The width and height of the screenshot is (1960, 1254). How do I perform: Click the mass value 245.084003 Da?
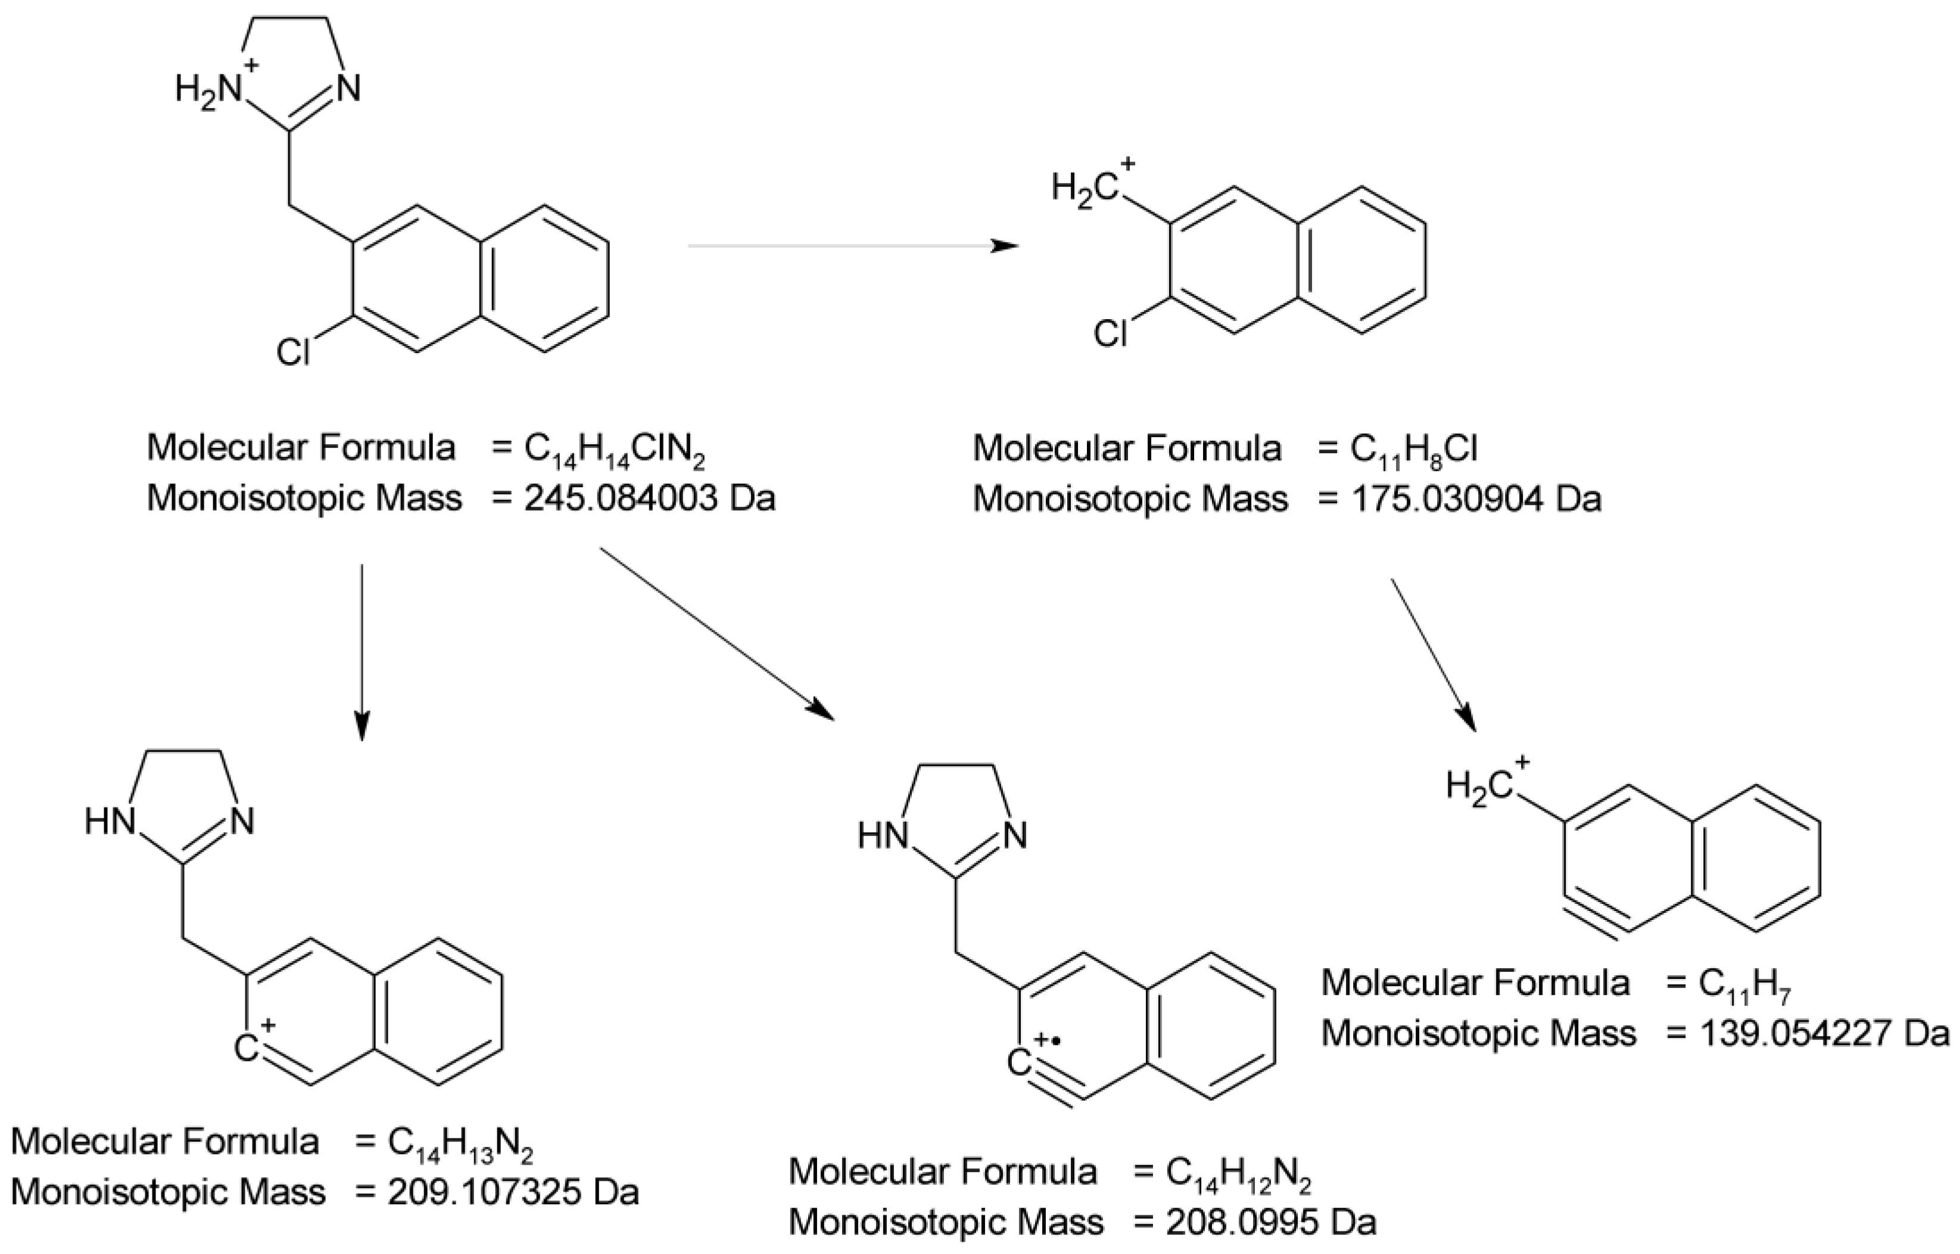tap(649, 498)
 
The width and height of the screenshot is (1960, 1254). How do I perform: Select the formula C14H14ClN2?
tap(614, 450)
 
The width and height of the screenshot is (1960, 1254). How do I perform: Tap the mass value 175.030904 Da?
tap(1475, 498)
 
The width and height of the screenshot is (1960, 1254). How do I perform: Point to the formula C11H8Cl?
tap(1414, 450)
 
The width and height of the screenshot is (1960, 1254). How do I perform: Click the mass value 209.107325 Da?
tap(512, 1192)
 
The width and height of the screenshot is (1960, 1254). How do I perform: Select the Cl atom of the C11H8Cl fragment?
tap(1110, 333)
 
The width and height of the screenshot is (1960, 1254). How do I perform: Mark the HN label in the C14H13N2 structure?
tap(110, 822)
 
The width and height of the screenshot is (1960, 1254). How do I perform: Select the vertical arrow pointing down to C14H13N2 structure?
tap(362, 651)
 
